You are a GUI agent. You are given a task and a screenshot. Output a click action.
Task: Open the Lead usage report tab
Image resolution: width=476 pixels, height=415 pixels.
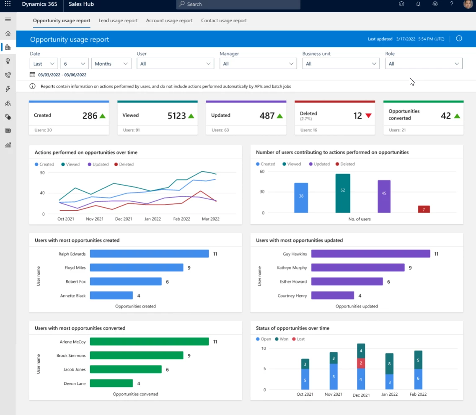[x=118, y=21]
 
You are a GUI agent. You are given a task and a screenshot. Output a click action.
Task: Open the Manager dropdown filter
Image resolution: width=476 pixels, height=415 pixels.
[x=258, y=64]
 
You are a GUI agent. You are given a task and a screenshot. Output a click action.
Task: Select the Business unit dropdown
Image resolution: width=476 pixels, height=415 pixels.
[x=341, y=64]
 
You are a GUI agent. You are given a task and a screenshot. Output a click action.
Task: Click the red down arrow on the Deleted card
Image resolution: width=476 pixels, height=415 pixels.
[x=369, y=116]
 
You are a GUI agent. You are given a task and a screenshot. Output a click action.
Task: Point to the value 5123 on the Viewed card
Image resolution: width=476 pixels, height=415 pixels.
[x=176, y=116]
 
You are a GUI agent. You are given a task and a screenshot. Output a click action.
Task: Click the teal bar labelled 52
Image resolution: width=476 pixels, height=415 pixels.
[x=343, y=193]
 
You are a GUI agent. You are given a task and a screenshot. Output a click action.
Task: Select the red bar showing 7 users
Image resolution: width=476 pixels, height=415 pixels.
[x=424, y=209]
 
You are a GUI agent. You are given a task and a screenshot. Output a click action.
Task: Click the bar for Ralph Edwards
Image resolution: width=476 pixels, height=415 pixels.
[x=149, y=254]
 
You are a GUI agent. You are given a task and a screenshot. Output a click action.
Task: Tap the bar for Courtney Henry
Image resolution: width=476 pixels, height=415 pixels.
[x=333, y=296]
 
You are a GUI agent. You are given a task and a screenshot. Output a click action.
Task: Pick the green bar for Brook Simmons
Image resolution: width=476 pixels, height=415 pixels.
[x=137, y=356]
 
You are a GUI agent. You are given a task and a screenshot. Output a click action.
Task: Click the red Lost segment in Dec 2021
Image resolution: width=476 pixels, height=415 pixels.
[x=361, y=363]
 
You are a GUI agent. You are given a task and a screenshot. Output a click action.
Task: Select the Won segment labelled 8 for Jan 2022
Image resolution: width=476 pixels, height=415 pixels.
[x=389, y=363]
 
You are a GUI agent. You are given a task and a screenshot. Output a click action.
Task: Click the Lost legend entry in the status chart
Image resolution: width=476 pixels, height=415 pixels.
[x=299, y=339]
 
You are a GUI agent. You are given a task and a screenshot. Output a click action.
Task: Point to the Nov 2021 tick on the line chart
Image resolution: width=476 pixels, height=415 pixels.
[x=94, y=219]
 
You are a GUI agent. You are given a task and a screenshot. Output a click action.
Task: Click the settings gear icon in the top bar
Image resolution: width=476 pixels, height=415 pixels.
[x=435, y=4]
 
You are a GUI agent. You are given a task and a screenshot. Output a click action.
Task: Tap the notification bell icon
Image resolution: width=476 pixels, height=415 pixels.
[x=418, y=4]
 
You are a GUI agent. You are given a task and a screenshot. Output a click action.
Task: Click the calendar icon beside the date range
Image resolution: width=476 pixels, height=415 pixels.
[x=33, y=75]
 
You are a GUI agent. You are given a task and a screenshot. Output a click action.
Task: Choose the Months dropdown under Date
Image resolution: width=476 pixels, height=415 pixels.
[x=111, y=64]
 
